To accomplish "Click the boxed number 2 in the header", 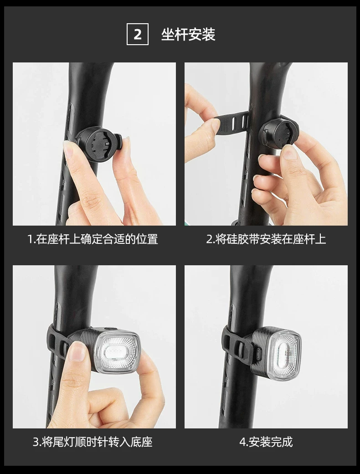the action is pos(138,34).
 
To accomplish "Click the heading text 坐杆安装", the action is pos(188,35).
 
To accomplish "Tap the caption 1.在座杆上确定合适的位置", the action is pos(93,239).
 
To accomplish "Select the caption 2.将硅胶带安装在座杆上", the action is pos(266,239).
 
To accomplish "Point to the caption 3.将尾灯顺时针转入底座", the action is pos(93,442).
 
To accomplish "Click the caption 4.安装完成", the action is pos(266,442).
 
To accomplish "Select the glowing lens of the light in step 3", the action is pos(116,351).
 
